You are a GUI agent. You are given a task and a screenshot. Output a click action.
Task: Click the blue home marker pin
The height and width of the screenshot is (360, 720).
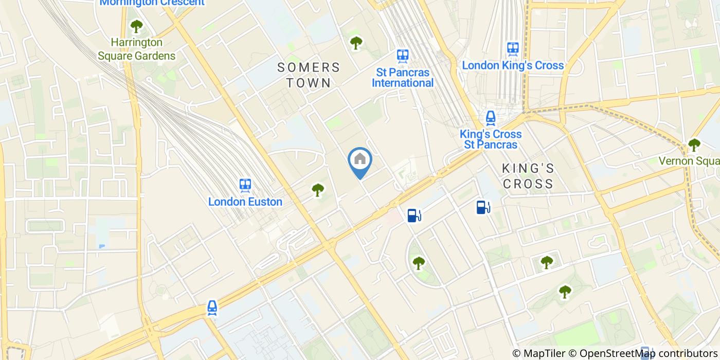coord(360,161)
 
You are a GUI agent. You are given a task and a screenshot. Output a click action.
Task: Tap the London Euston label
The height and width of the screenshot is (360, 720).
coord(245,202)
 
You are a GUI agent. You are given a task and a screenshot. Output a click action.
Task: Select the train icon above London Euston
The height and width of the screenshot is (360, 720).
coord(245,185)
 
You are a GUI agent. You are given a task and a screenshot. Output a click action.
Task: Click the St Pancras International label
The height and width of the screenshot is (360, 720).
coord(403,77)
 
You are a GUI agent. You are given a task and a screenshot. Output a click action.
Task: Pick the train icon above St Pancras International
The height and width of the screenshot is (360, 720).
coord(403,55)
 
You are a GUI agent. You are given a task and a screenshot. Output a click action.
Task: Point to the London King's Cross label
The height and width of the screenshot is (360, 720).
coord(513,65)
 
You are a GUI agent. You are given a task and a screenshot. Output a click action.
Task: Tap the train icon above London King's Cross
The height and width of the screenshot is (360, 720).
coord(513,49)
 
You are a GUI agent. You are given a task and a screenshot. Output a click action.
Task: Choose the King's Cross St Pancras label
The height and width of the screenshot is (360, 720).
coord(491,139)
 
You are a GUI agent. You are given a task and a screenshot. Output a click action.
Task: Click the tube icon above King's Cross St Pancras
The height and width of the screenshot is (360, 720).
coord(491,118)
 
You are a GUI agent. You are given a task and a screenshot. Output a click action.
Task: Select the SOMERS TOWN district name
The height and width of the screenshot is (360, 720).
coord(309,75)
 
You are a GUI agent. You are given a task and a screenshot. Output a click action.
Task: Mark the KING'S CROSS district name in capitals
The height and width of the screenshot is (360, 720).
coord(528,176)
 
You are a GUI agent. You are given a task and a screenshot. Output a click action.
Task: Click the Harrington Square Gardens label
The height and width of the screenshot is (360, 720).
coord(137,49)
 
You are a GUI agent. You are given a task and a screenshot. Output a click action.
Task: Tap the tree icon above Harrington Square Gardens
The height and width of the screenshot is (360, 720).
coord(136,26)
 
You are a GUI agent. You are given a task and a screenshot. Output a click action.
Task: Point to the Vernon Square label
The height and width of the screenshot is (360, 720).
coord(689,161)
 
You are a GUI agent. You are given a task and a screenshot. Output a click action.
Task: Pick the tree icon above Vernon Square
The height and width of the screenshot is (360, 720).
coord(694,145)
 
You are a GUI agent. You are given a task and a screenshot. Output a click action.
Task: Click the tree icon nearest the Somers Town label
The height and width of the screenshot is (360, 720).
coord(356,42)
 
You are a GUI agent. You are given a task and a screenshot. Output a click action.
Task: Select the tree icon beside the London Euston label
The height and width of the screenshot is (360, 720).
coord(318,190)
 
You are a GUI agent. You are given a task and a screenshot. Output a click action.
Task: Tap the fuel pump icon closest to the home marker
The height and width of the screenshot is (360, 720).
coord(413,215)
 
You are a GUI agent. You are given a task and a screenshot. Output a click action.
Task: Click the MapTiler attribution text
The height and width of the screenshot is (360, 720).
coord(538,353)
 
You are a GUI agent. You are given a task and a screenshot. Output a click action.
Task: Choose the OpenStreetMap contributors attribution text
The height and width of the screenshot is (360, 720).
coord(643,353)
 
